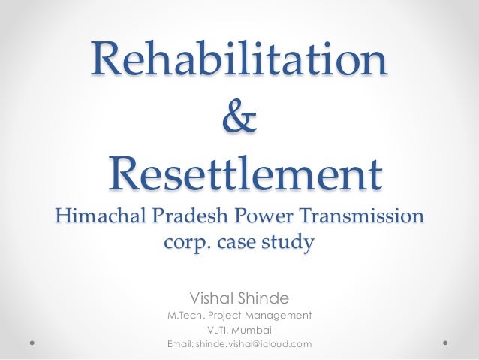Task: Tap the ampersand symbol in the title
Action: point(239,118)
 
